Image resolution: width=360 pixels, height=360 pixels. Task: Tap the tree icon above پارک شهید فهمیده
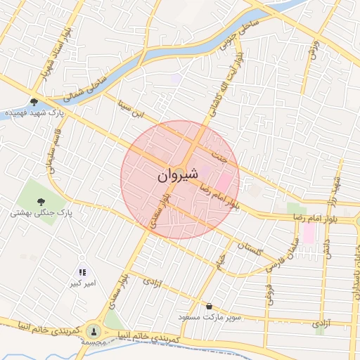point(34,103)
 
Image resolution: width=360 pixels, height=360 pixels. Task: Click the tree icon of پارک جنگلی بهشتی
point(33,201)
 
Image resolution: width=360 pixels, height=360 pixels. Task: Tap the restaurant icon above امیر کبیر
point(82,271)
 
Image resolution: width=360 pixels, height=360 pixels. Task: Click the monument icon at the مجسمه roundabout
point(93,330)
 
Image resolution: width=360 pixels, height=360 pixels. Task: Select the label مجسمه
point(93,342)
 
